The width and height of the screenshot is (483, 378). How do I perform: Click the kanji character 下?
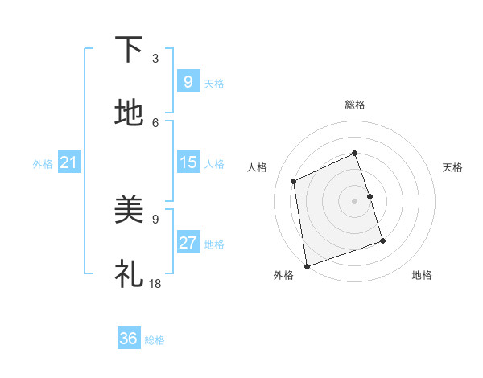pyautogui.click(x=130, y=50)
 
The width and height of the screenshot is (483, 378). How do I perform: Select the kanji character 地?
pyautogui.click(x=130, y=114)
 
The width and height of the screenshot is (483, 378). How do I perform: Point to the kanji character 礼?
pyautogui.click(x=130, y=274)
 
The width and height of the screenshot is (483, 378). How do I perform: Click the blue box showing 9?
pyautogui.click(x=188, y=81)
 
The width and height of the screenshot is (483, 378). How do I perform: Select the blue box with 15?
pyautogui.click(x=188, y=162)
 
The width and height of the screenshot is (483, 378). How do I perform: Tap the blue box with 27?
pyautogui.click(x=188, y=243)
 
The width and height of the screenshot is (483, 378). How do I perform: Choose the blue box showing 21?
pyautogui.click(x=68, y=162)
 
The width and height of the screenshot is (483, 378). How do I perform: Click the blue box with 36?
pyautogui.click(x=128, y=339)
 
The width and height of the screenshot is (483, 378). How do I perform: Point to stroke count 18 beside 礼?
pyautogui.click(x=155, y=283)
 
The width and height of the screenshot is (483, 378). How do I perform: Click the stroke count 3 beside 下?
pyautogui.click(x=155, y=58)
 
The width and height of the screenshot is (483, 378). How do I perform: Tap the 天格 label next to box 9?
pyautogui.click(x=214, y=83)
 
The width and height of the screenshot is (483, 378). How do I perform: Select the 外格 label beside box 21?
pyautogui.click(x=43, y=164)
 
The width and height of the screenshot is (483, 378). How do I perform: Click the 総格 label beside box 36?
pyautogui.click(x=155, y=340)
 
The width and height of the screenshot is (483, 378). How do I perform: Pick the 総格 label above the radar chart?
pyautogui.click(x=355, y=105)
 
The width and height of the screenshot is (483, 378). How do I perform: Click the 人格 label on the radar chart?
pyautogui.click(x=258, y=167)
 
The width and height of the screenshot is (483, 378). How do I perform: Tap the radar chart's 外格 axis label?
pyautogui.click(x=283, y=275)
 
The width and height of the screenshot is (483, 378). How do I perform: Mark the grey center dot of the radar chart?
pyautogui.click(x=355, y=200)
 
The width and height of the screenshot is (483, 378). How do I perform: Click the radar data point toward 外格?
pyautogui.click(x=307, y=265)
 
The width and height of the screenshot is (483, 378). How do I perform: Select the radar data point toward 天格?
pyautogui.click(x=370, y=195)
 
